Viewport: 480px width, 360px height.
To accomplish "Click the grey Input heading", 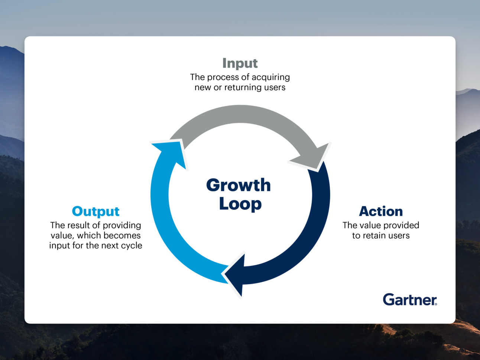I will (240, 63).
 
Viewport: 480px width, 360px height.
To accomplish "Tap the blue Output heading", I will (95, 211).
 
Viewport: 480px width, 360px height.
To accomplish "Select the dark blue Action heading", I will (381, 211).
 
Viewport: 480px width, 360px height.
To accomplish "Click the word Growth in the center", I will (239, 185).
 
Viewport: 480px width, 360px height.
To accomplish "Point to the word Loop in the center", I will (240, 204).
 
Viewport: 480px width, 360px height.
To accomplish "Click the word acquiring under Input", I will (271, 77).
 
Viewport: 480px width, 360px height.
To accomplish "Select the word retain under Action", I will (373, 236).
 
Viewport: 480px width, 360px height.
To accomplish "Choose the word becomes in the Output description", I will (122, 236).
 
